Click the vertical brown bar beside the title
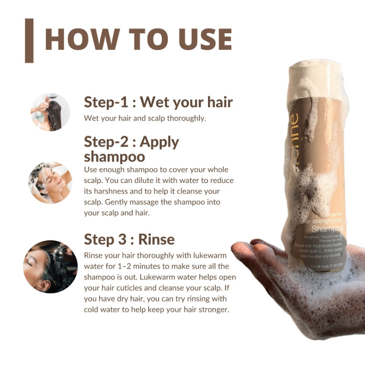point(29,40)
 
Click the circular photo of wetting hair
point(50,112)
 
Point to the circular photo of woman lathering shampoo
point(50,182)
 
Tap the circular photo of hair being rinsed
point(50,266)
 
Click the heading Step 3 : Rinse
point(129,240)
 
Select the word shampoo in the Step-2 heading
point(114,156)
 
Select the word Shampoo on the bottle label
point(327,228)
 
